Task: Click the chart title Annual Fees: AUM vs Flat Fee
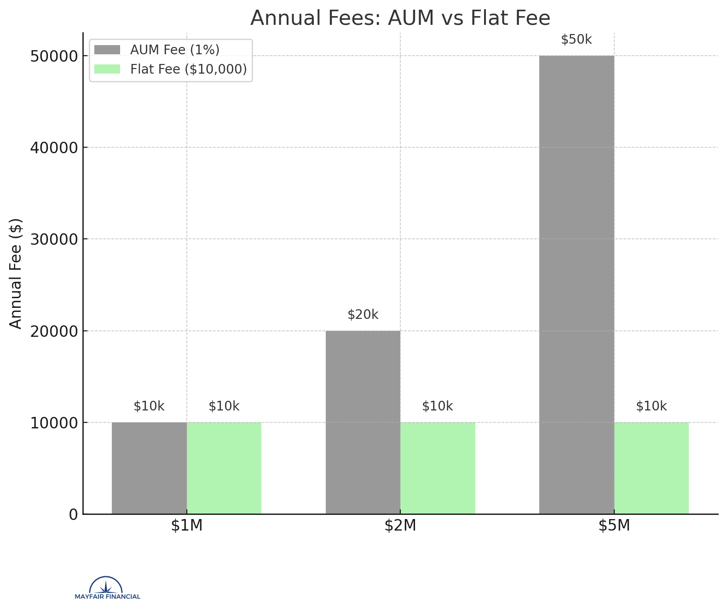[x=400, y=18]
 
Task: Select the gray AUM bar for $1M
[x=149, y=468]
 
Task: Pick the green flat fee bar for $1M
[x=224, y=468]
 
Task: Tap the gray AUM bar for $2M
[x=363, y=422]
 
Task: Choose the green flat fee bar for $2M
[x=438, y=468]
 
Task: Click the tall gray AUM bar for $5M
[x=577, y=284]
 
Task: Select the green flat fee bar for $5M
[x=651, y=468]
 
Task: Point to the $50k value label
[x=577, y=40]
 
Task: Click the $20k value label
[x=363, y=315]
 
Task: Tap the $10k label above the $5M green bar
[x=651, y=406]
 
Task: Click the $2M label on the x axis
[x=400, y=525]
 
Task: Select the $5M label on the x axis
[x=614, y=525]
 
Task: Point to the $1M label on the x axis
[x=187, y=525]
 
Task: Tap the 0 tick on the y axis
[x=73, y=514]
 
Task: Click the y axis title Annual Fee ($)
[x=16, y=273]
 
